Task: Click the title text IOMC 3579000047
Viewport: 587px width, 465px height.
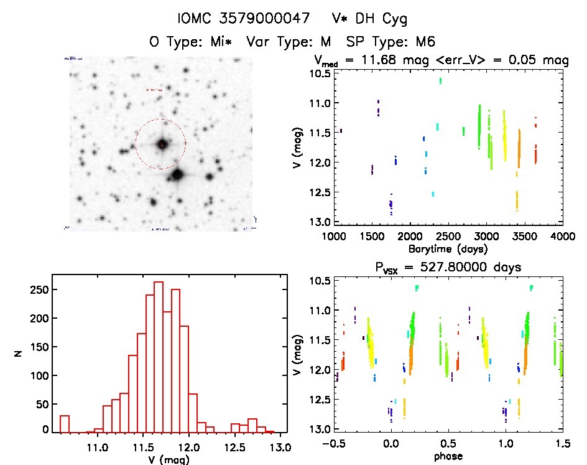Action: click(x=244, y=19)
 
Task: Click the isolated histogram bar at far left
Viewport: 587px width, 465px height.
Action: click(x=65, y=423)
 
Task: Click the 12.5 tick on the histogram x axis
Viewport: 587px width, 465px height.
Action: click(x=236, y=448)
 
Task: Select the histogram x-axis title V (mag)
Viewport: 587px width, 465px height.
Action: click(x=167, y=461)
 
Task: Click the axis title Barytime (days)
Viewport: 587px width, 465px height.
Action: click(x=449, y=248)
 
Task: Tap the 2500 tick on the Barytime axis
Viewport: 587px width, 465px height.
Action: click(x=448, y=237)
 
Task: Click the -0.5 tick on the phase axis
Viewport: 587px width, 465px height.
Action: click(x=333, y=445)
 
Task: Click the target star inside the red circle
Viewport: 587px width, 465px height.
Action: click(x=162, y=144)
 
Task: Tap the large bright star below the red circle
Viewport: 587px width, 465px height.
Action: click(x=178, y=175)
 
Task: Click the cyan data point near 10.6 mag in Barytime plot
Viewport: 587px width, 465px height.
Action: click(x=440, y=80)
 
